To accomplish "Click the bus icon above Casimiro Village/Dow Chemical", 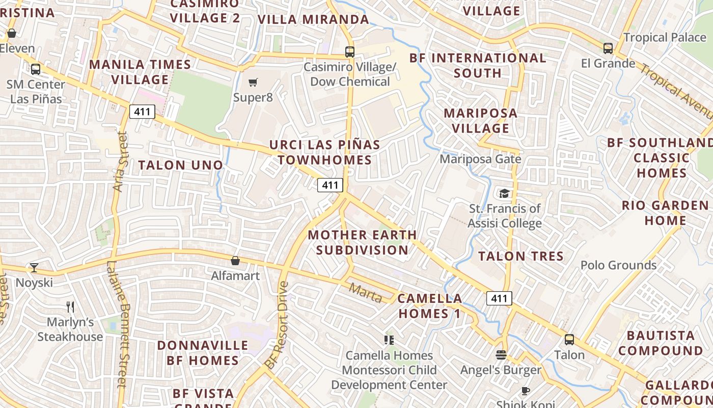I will coord(349,52).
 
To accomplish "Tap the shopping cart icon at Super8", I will coord(253,82).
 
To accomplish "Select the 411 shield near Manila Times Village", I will coord(142,111).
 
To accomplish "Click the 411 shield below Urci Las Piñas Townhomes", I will coord(330,185).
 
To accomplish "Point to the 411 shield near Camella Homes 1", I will coord(499,298).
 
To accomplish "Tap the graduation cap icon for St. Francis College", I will coord(504,193).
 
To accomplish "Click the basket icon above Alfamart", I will coord(235,261).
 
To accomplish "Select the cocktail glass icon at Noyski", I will coord(34,267).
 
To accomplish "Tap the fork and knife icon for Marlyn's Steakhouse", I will coord(70,307).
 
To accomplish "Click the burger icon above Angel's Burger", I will coord(501,354).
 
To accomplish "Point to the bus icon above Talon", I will coord(569,339).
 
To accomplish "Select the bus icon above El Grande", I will coord(608,48).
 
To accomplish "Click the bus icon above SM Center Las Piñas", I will coord(36,69).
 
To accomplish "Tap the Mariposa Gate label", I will coord(480,159).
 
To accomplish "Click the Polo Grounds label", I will coord(618,265).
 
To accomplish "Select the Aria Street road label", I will coord(120,162).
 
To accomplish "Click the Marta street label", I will coord(365,293).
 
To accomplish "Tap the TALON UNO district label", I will coord(181,165).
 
